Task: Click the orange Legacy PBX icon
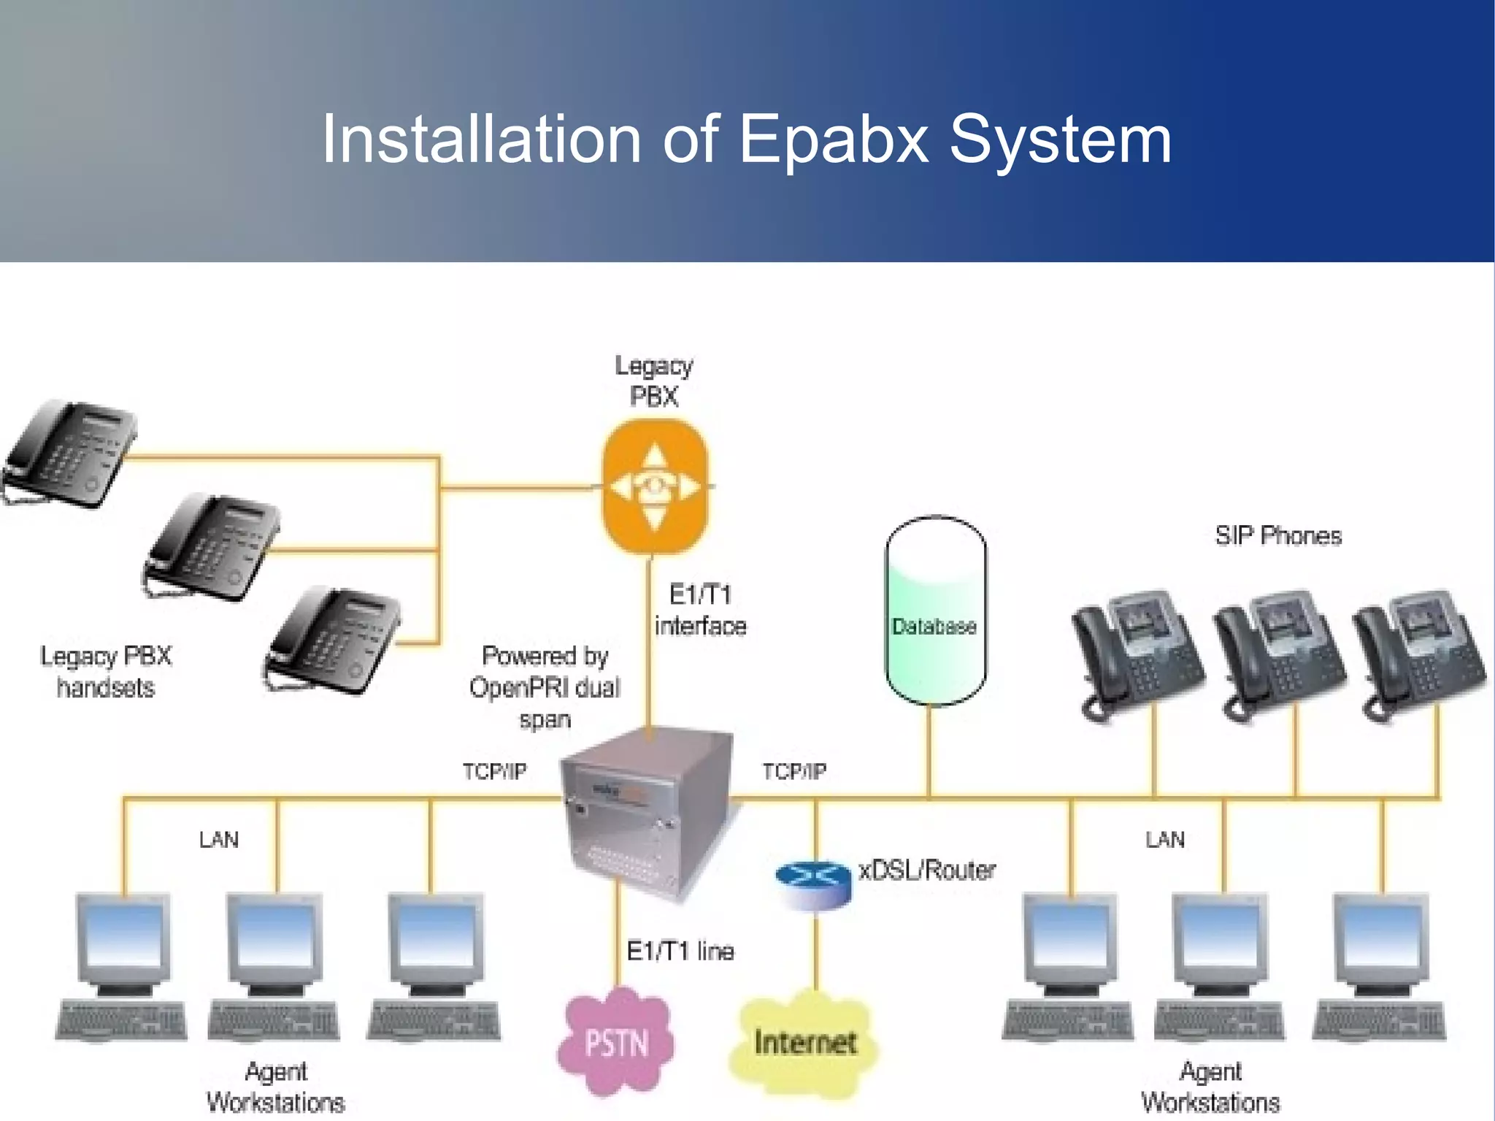[655, 486]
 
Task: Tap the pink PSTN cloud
[616, 1042]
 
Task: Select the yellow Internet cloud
[804, 1042]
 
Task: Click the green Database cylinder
[935, 611]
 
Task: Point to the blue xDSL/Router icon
[813, 884]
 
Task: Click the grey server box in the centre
[648, 811]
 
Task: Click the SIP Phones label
[1278, 535]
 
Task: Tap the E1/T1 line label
[680, 951]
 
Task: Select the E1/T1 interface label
[700, 611]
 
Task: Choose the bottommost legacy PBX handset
[334, 640]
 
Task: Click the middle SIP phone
[1277, 654]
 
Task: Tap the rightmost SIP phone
[1418, 654]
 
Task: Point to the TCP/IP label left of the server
[494, 771]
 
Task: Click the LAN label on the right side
[1164, 840]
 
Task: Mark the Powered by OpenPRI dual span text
[545, 687]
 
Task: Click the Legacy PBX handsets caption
[106, 672]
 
